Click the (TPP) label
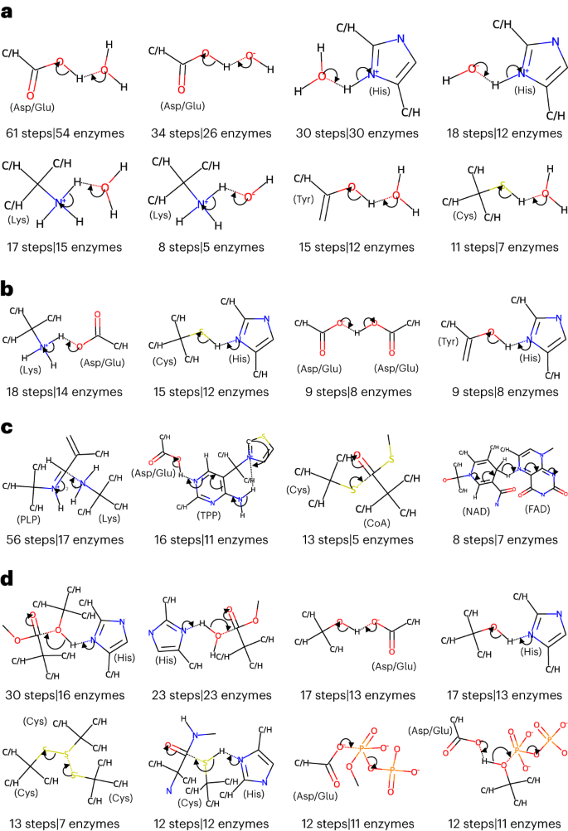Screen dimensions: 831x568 tap(211, 514)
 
